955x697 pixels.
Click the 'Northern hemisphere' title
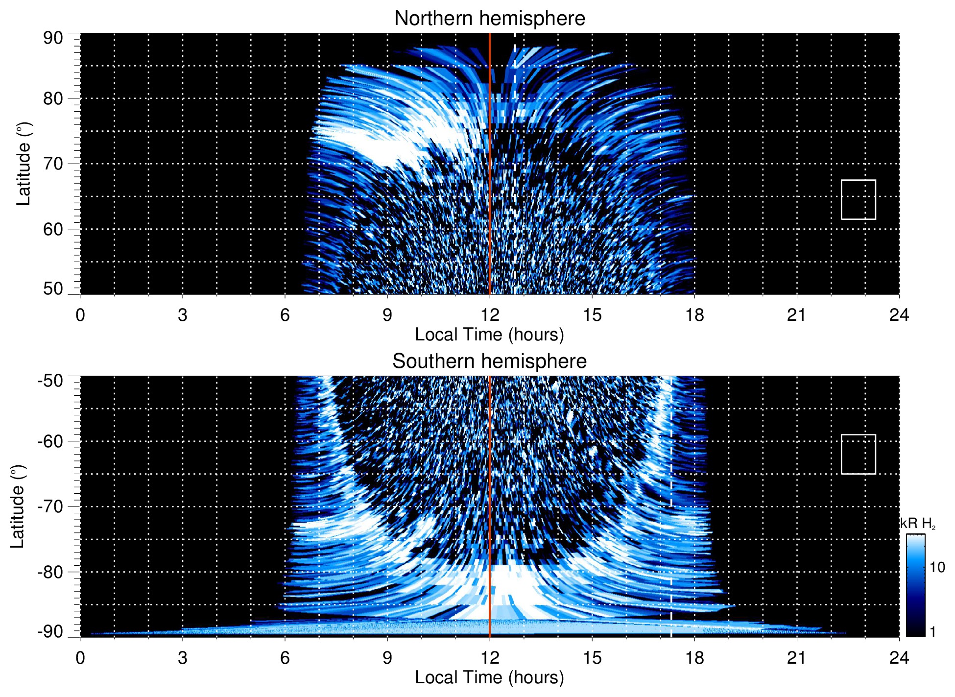click(489, 19)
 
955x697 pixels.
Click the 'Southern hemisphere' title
click(489, 361)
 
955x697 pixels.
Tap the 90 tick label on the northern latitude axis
click(53, 38)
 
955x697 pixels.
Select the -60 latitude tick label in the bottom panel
click(50, 441)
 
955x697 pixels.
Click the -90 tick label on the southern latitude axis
click(50, 631)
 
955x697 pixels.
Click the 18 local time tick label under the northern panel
click(694, 315)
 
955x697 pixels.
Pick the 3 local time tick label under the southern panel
click(183, 658)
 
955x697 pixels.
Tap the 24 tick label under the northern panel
click(899, 315)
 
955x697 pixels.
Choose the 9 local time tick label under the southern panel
click(387, 658)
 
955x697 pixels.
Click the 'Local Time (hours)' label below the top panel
click(489, 335)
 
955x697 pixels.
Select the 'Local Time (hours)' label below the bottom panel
click(489, 677)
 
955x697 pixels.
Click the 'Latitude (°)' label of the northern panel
click(24, 164)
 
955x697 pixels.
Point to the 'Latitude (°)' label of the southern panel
click(18, 506)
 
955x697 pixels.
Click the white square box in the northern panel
click(858, 199)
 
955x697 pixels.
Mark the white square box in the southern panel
click(858, 454)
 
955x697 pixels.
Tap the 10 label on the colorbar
click(937, 568)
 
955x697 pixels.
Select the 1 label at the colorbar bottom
click(932, 632)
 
